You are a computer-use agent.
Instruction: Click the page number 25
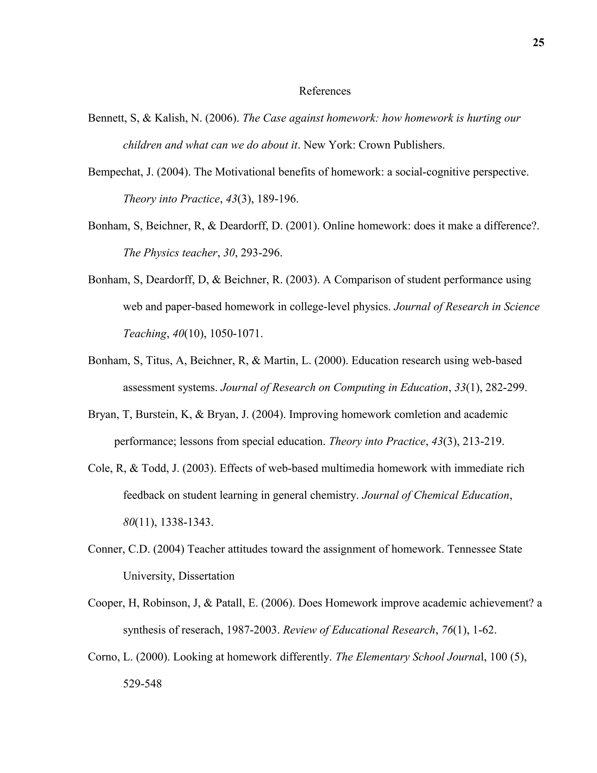[x=538, y=43]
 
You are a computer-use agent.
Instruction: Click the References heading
[x=324, y=91]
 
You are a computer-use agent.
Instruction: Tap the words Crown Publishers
[x=401, y=145]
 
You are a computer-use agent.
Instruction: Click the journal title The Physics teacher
[x=170, y=253]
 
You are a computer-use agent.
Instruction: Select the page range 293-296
[x=261, y=253]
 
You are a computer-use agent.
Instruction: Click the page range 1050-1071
[x=236, y=333]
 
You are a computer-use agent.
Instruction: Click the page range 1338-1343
[x=187, y=522]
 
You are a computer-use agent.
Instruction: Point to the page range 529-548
[x=142, y=684]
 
